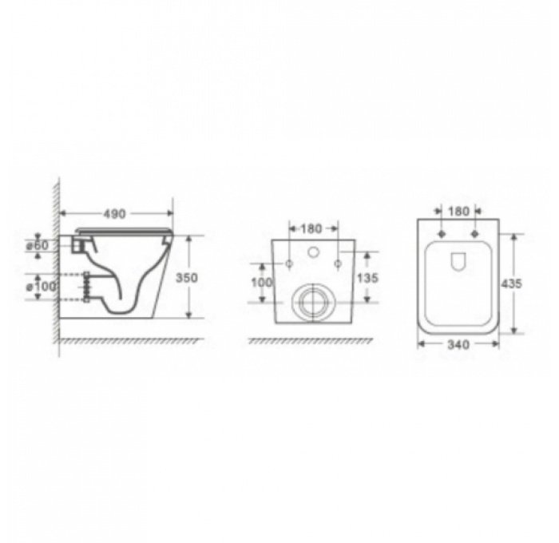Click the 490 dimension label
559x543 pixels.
[117, 214]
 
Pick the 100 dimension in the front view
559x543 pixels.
[262, 282]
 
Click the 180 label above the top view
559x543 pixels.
[458, 212]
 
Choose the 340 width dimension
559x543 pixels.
[458, 344]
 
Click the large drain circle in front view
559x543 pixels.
[313, 302]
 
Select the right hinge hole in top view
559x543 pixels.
[475, 234]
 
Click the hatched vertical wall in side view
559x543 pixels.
[57, 264]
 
